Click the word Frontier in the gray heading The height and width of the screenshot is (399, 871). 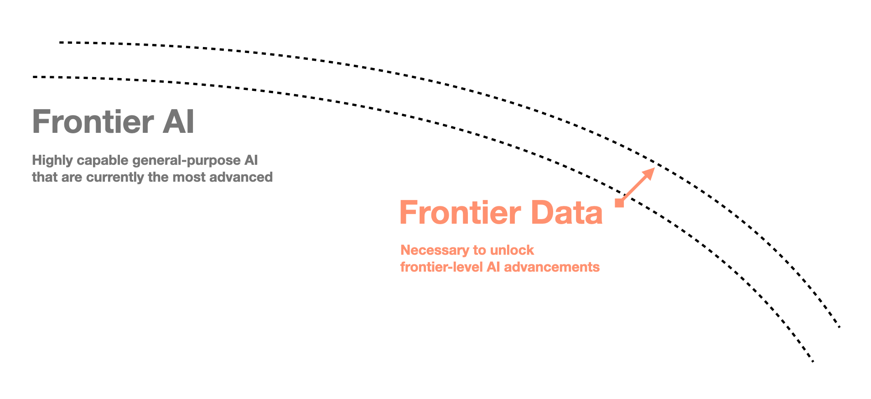(93, 122)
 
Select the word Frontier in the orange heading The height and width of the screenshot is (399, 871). (460, 213)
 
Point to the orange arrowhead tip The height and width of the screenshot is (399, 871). (654, 169)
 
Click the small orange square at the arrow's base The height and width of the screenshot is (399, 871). (619, 203)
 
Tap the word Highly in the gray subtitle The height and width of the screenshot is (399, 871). (52, 161)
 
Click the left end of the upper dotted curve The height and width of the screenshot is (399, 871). (60, 42)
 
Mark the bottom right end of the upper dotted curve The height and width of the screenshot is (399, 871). (839, 327)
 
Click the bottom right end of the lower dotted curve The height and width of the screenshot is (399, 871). (813, 362)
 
